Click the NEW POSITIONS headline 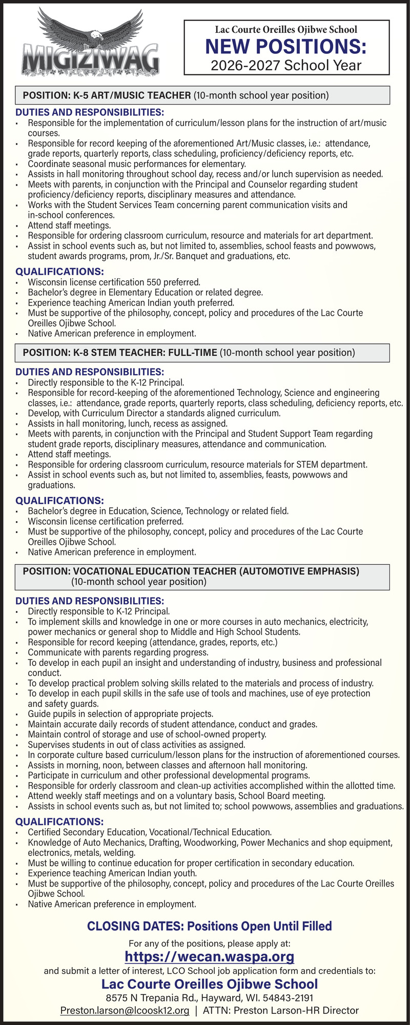286,47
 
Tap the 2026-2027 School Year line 286,65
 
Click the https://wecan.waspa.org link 210,956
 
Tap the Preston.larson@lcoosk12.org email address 125,1010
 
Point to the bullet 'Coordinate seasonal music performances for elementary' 137,164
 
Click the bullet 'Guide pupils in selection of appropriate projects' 120,714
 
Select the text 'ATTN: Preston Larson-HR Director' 281,1010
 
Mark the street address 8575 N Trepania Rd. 152,998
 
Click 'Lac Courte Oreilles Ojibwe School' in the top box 286,30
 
